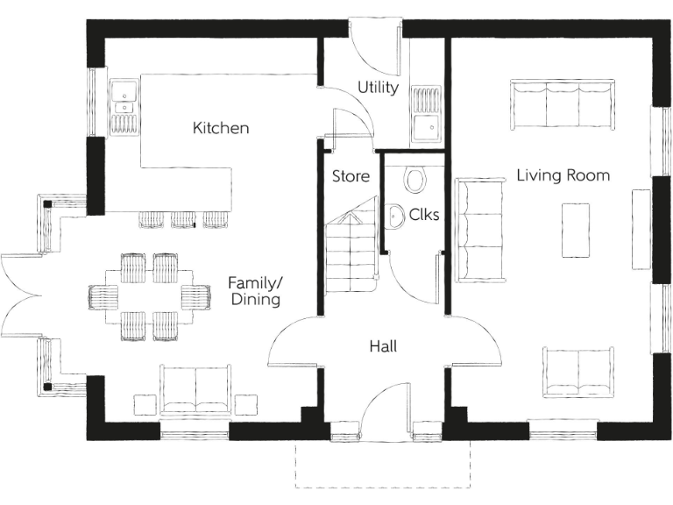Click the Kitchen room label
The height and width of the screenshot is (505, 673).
click(221, 128)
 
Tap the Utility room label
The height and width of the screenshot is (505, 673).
click(378, 88)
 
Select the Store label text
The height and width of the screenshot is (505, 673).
click(351, 176)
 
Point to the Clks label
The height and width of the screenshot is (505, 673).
click(424, 214)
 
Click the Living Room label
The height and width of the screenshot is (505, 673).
click(563, 175)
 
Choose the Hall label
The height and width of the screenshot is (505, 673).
click(383, 346)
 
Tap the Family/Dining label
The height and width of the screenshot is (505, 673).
click(254, 291)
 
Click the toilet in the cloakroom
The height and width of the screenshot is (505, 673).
click(415, 179)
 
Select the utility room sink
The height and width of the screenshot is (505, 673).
click(426, 114)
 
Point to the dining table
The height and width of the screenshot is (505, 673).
click(149, 296)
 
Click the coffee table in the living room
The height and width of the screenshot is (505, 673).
click(575, 230)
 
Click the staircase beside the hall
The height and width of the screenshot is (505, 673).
click(350, 254)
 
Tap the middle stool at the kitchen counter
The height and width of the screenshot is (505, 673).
click(183, 219)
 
